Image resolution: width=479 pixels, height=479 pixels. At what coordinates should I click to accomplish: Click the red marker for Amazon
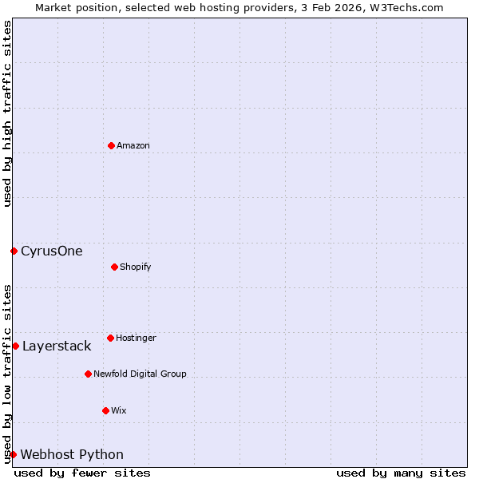click(x=111, y=145)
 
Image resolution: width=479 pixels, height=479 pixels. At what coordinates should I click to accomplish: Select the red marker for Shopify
click(x=114, y=267)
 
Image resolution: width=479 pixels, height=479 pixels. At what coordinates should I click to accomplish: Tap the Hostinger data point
click(x=110, y=338)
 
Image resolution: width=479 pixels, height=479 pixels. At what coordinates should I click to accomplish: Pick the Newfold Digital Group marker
click(x=88, y=374)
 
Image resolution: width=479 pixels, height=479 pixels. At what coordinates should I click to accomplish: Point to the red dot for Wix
click(x=105, y=410)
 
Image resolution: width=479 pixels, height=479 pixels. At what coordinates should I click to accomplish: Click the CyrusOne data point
click(x=14, y=251)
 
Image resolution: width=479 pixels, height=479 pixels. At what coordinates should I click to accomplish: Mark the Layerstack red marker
click(x=15, y=346)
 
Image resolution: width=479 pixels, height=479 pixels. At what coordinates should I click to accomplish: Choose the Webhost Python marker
click(x=13, y=454)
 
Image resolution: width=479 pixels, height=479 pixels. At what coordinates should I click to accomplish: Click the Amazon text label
click(x=133, y=145)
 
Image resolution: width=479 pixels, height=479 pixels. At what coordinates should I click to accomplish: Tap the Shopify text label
click(x=136, y=267)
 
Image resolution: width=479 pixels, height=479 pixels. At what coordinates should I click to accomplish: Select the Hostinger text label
click(x=137, y=338)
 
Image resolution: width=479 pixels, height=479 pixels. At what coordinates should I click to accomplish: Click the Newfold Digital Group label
click(x=140, y=374)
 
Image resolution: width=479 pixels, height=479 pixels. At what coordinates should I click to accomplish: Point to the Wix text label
click(x=119, y=410)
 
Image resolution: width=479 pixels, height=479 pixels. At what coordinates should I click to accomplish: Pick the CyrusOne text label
click(x=52, y=251)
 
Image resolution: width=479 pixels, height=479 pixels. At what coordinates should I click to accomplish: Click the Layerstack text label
click(x=57, y=346)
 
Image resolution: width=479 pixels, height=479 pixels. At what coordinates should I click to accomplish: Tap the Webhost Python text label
click(x=72, y=454)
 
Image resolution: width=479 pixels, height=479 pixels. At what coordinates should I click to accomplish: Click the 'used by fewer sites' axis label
click(x=82, y=473)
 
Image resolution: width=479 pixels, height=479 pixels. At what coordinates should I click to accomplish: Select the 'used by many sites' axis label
click(x=401, y=473)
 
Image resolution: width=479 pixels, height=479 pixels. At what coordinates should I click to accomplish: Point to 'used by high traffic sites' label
click(x=7, y=114)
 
